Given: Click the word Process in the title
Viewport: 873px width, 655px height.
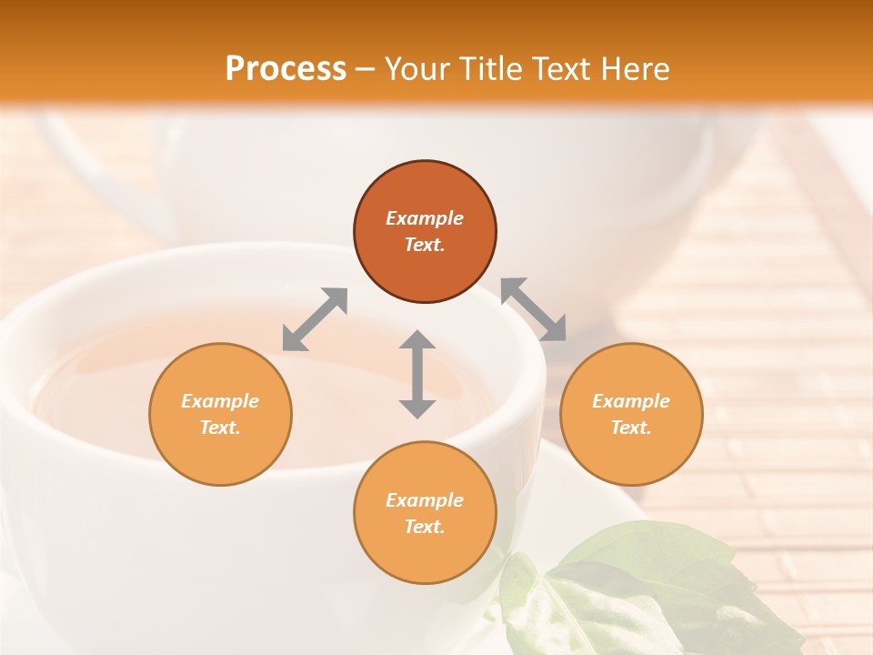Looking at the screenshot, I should pyautogui.click(x=286, y=69).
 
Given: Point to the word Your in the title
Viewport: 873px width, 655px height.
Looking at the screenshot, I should pyautogui.click(x=418, y=69).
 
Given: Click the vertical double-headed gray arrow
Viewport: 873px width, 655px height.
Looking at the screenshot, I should pyautogui.click(x=417, y=374).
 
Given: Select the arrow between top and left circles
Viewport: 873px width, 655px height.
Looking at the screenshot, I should pyautogui.click(x=315, y=319).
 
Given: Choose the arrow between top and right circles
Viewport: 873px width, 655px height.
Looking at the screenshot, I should pyautogui.click(x=534, y=309).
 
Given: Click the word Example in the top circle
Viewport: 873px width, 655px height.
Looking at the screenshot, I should pyautogui.click(x=425, y=218).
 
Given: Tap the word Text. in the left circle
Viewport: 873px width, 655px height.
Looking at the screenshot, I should pyautogui.click(x=220, y=428).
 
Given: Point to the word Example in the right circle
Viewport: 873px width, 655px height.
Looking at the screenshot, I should pyautogui.click(x=631, y=401).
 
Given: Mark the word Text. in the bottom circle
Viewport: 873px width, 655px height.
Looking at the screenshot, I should pyautogui.click(x=425, y=527).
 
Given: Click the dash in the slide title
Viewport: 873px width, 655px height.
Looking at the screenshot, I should pyautogui.click(x=366, y=69).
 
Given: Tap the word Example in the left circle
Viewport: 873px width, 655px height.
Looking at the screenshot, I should pyautogui.click(x=220, y=401).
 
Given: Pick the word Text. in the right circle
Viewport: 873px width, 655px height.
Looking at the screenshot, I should pyautogui.click(x=631, y=428).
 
